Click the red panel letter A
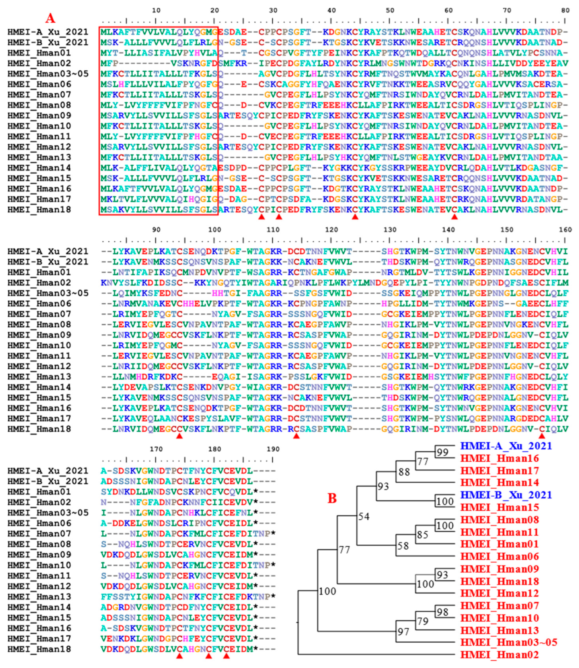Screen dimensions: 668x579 click(x=50, y=18)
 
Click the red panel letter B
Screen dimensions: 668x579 click(x=332, y=498)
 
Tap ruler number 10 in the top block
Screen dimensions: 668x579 click(x=156, y=10)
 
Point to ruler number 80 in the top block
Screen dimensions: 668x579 click(x=565, y=10)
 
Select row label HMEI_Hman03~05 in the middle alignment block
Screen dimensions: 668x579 click(x=48, y=293)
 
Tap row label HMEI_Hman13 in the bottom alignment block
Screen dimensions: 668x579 click(x=39, y=596)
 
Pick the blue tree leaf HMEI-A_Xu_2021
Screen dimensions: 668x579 click(x=506, y=446)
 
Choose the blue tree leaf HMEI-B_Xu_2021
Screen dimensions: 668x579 click(x=506, y=495)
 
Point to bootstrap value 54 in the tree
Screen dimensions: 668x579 click(x=364, y=517)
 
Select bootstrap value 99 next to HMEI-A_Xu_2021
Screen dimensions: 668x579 click(x=442, y=452)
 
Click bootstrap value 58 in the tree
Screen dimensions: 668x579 click(x=403, y=546)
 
